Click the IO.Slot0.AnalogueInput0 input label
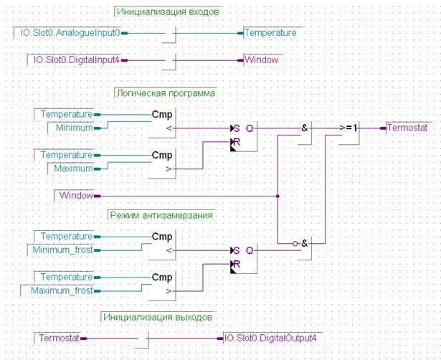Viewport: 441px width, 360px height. pyautogui.click(x=67, y=33)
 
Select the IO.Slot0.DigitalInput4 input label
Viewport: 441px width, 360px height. pyautogui.click(x=75, y=60)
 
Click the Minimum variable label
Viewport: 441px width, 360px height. pyautogui.click(x=70, y=128)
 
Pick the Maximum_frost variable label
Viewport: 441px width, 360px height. pyautogui.click(x=57, y=290)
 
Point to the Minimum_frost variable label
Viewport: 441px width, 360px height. pyautogui.click(x=60, y=250)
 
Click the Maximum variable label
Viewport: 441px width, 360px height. pyautogui.click(x=70, y=169)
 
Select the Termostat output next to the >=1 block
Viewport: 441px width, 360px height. pyautogui.click(x=409, y=128)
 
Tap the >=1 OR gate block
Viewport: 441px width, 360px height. pyautogui.click(x=348, y=133)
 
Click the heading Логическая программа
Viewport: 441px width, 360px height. pyautogui.click(x=166, y=93)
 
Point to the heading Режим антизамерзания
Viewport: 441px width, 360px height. pyautogui.click(x=161, y=215)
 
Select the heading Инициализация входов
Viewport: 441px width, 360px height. pyautogui.click(x=168, y=11)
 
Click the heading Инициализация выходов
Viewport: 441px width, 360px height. pyautogui.click(x=158, y=317)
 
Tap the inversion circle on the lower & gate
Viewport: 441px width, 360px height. pyautogui.click(x=295, y=244)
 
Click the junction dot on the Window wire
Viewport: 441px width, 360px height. pyautogui.click(x=278, y=196)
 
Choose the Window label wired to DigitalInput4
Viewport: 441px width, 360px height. pyautogui.click(x=262, y=60)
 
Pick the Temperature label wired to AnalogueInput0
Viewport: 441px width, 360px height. pyautogui.click(x=272, y=33)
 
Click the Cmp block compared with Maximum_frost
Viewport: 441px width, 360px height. pyautogui.click(x=162, y=285)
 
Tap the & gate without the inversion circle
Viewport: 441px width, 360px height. pyautogui.click(x=305, y=133)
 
